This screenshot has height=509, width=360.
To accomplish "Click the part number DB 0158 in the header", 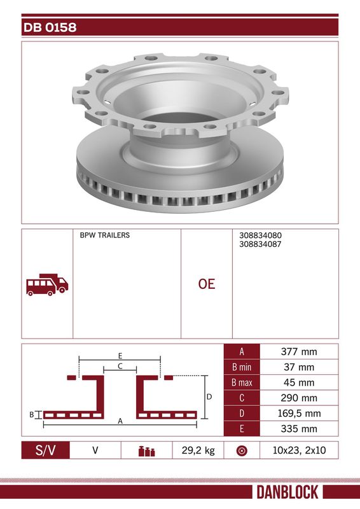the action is pos(50,27).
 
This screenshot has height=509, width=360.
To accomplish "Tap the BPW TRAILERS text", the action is pos(104,235).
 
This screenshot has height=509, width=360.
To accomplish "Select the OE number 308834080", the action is pos(260,235).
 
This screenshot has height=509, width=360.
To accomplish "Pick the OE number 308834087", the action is pos(260,244).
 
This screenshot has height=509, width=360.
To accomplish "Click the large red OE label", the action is pos(207,284).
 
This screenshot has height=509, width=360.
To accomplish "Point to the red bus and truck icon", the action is pos(47,284).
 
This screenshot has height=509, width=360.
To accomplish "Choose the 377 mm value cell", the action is pos(299,352).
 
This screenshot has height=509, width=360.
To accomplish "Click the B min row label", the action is pos(242,367).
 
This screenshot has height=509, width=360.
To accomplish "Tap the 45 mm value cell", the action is pos(299,382).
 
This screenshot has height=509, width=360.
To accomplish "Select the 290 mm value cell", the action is pos(299,398).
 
